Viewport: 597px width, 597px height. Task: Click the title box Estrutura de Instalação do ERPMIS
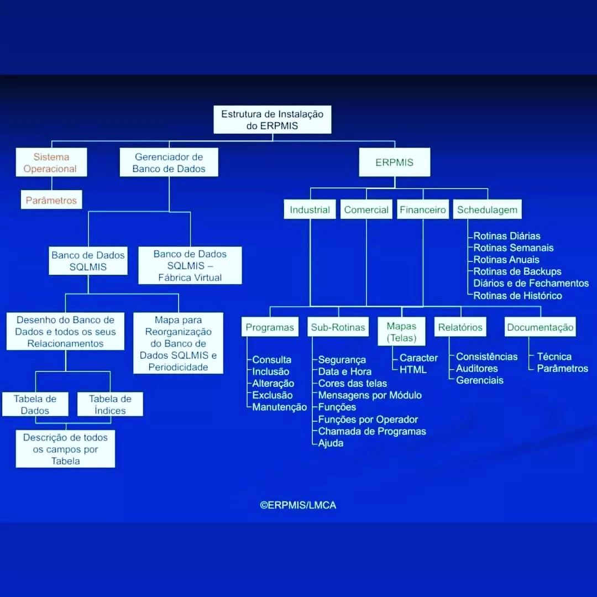272,119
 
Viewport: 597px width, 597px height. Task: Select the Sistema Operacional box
51,162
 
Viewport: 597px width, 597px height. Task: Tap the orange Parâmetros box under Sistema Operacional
51,200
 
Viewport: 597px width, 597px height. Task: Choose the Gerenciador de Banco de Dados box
169,162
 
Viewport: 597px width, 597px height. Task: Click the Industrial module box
310,210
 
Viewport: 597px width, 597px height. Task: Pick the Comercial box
366,210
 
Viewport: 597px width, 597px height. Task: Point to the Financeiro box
423,210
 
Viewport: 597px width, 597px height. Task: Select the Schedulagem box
488,210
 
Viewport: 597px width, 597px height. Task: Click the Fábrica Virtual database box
190,265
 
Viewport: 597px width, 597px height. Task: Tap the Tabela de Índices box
111,404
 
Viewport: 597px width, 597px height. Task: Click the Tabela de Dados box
35,404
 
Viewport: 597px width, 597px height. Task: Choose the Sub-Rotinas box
338,327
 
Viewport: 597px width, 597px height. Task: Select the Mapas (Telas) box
401,332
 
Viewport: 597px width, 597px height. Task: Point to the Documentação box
540,327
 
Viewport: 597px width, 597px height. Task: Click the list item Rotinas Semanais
513,248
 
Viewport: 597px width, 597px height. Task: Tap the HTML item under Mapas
413,370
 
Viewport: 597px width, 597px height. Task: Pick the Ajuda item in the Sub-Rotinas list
331,443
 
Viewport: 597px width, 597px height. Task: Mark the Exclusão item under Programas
272,395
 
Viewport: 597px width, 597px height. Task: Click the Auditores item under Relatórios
477,369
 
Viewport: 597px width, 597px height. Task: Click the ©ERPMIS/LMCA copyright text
298,505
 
